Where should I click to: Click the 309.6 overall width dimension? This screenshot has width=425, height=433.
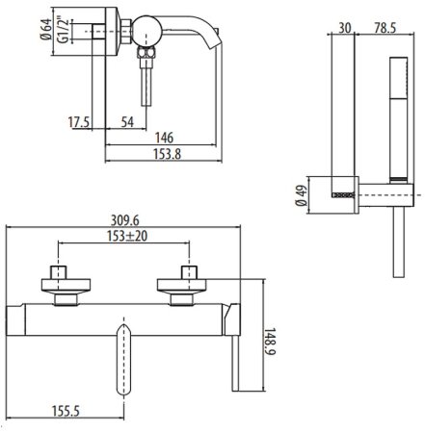(x=125, y=220)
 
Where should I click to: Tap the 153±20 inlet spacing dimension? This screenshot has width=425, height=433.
(x=127, y=236)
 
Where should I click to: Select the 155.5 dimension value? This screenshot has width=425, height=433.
(x=66, y=411)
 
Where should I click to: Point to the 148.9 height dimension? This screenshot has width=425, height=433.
(x=270, y=342)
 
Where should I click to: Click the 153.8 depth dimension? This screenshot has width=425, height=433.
(x=167, y=154)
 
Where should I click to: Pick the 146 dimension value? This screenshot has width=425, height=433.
(x=164, y=138)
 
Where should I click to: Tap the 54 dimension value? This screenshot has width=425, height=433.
(x=127, y=122)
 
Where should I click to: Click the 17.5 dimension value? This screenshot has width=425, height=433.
(x=79, y=122)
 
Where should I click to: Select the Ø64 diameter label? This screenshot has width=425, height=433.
(x=46, y=29)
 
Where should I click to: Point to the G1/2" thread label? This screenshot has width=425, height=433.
(x=64, y=30)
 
